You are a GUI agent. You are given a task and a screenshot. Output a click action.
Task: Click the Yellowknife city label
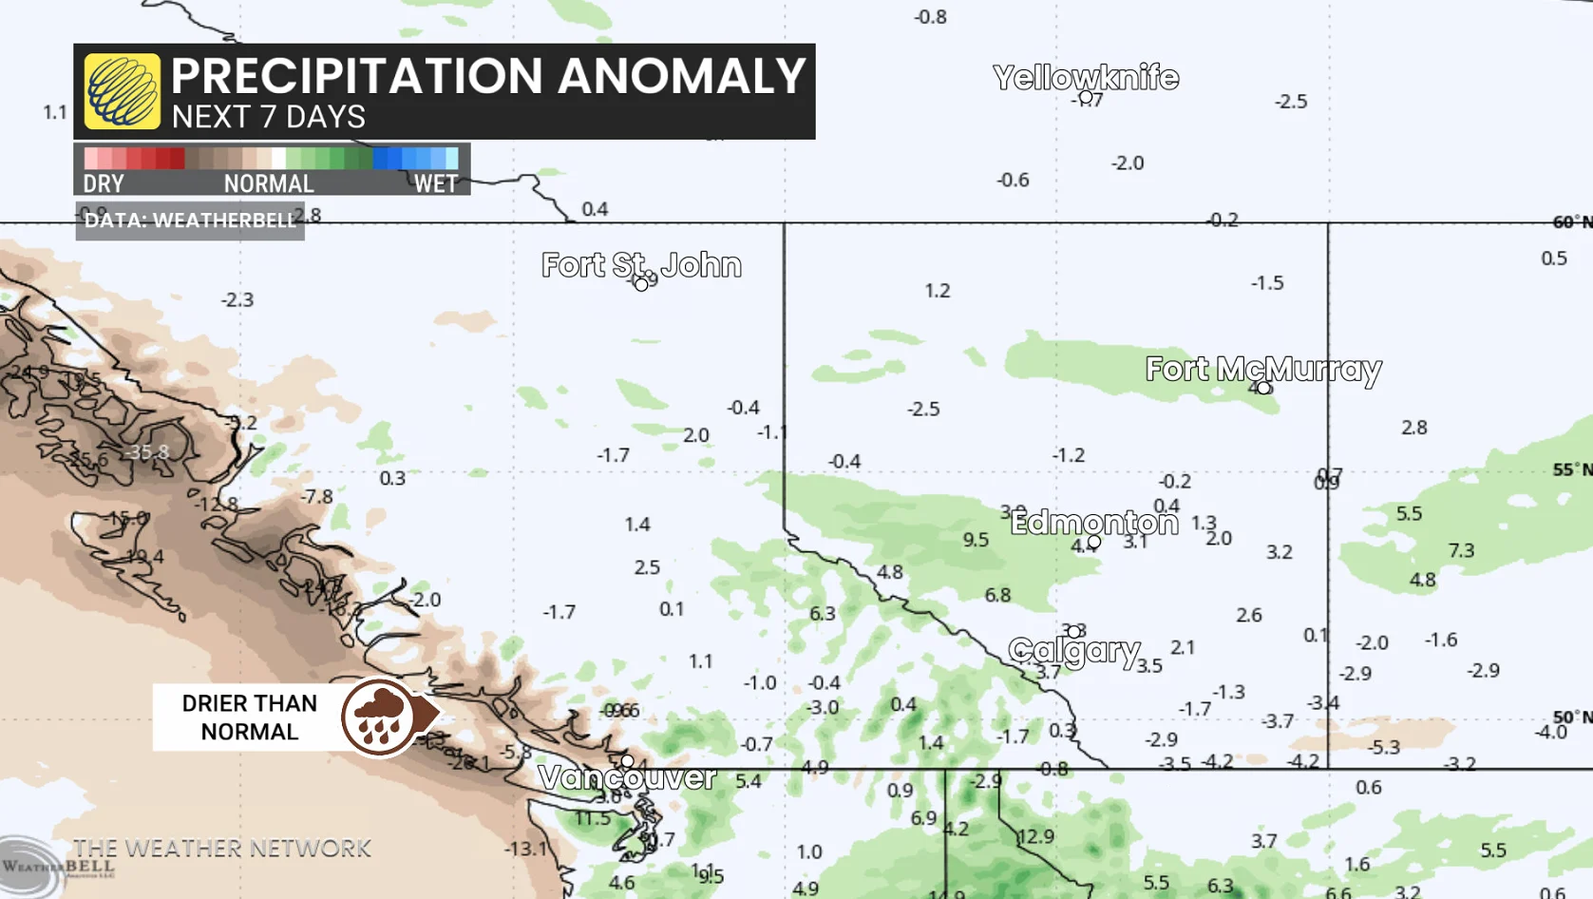[x=1086, y=77]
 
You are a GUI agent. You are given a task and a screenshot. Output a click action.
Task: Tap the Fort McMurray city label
[x=1262, y=369]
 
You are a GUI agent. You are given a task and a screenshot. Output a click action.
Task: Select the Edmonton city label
[x=1093, y=522]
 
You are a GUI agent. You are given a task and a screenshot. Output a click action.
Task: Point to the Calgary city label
[x=1074, y=650]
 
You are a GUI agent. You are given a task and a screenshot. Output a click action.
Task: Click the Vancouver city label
[x=627, y=777]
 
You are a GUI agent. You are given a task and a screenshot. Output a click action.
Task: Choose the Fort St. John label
[x=641, y=265]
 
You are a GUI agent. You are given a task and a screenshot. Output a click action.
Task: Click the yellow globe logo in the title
[x=123, y=91]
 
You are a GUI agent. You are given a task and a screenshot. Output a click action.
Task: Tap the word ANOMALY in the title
[x=681, y=76]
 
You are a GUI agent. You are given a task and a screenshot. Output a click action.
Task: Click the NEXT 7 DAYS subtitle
[x=269, y=117]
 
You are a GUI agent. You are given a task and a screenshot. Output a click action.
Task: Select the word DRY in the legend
[x=104, y=183]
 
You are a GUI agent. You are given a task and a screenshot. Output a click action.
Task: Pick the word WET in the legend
[x=435, y=183]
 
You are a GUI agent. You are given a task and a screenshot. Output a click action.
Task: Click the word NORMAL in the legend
[x=269, y=183]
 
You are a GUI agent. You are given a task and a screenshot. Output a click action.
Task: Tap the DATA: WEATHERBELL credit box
[x=190, y=220]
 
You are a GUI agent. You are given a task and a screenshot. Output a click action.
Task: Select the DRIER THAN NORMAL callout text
[x=249, y=717]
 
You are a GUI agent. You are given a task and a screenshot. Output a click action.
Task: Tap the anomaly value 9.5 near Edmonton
[x=976, y=540]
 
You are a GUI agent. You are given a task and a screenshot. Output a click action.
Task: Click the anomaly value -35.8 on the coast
[x=149, y=452]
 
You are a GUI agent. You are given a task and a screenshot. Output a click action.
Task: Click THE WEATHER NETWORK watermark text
[x=222, y=848]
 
